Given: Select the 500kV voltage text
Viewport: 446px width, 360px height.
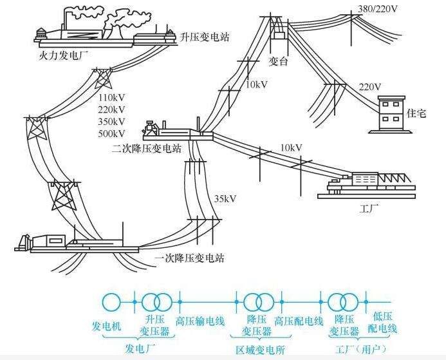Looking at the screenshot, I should click(112, 133).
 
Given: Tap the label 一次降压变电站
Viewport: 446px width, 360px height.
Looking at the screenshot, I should click(189, 258).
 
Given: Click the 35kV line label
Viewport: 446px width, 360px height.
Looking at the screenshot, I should click(225, 198).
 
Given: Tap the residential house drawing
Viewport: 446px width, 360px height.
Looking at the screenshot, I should click(391, 114).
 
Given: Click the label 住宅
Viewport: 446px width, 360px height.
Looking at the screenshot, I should click(417, 112).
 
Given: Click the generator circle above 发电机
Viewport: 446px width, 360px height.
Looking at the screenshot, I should click(113, 301).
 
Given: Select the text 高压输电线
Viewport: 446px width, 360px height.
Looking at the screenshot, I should click(200, 320).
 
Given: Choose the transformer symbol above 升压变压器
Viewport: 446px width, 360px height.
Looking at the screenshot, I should click(158, 301).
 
